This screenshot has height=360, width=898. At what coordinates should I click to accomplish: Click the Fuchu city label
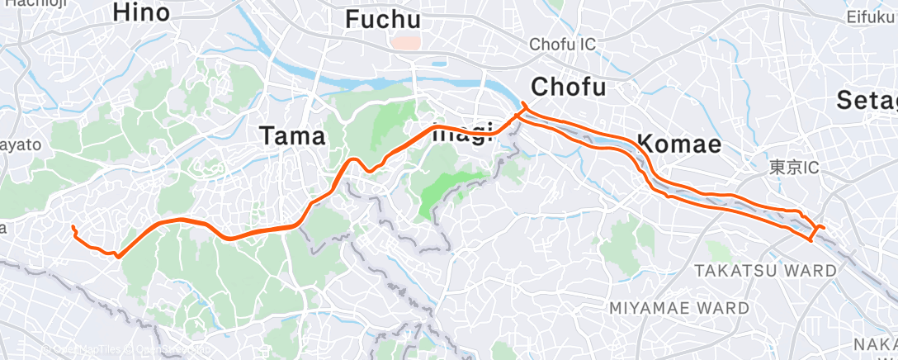tap(382, 19)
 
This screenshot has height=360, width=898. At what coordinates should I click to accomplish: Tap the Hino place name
tap(141, 12)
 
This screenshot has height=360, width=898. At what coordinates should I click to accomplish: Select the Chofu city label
tap(569, 86)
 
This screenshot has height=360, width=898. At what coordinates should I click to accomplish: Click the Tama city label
tap(292, 135)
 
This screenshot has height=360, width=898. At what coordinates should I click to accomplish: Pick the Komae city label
tap(680, 145)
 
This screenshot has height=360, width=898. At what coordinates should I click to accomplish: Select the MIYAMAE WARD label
tap(679, 308)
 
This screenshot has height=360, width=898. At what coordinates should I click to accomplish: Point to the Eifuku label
tap(872, 17)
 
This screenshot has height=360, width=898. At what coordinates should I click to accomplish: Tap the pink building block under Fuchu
tap(405, 41)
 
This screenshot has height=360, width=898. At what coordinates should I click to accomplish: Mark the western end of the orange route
tap(73, 226)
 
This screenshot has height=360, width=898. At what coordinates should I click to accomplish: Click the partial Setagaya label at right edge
tap(867, 100)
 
